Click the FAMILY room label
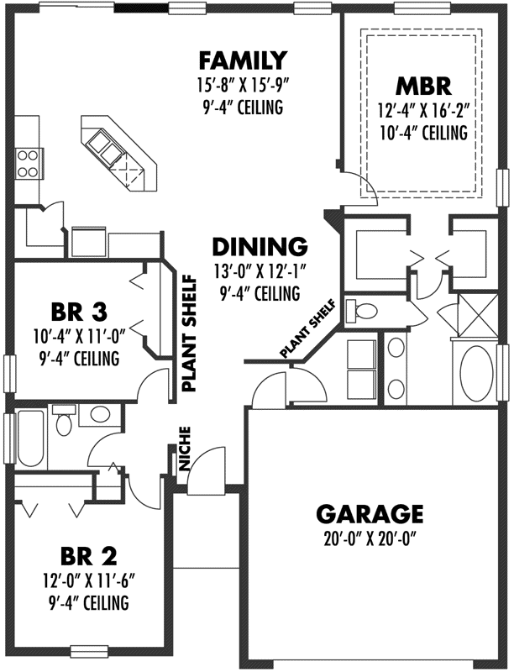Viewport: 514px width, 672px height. (242, 60)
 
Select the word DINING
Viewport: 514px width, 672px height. (259, 247)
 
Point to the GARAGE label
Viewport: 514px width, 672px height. (369, 513)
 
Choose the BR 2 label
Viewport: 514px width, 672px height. (88, 556)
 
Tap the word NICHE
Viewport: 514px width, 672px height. (186, 450)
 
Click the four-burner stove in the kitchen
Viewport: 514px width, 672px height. (27, 162)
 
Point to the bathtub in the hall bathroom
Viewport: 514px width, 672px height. (29, 438)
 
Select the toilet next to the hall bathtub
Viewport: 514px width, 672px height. (64, 421)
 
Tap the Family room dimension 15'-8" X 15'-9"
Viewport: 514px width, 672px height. (242, 84)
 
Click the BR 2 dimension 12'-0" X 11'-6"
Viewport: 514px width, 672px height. (88, 580)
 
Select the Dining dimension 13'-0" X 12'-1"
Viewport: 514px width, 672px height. (259, 271)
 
